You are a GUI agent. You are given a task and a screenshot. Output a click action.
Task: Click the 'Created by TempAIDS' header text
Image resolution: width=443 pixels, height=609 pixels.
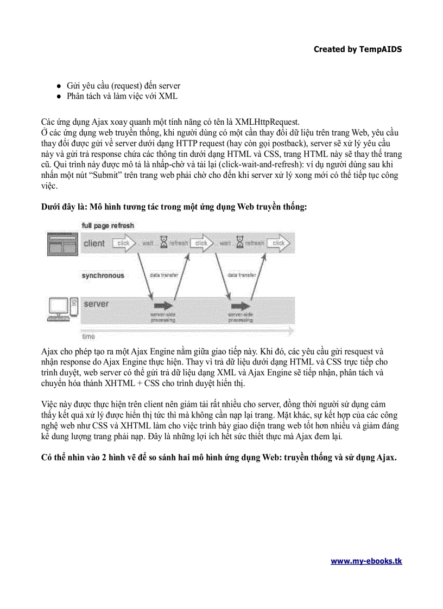[358, 49]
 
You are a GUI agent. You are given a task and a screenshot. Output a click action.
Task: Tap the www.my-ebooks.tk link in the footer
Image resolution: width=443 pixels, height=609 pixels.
[366, 561]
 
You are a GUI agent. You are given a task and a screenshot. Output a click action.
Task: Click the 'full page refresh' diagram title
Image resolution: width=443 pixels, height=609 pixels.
[108, 225]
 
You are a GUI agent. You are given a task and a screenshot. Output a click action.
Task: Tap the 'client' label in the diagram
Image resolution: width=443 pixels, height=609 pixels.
[94, 243]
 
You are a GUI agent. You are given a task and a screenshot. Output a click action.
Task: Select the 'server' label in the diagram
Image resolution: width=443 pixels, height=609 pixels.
[96, 304]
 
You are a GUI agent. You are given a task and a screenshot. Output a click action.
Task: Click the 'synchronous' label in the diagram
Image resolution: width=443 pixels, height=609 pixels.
[103, 275]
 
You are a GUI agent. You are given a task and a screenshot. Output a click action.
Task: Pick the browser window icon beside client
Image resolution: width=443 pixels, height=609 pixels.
[61, 243]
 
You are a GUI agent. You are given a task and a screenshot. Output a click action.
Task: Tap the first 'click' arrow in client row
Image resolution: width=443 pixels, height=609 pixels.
[124, 243]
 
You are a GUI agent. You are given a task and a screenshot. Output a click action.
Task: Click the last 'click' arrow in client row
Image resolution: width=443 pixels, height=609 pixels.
[279, 243]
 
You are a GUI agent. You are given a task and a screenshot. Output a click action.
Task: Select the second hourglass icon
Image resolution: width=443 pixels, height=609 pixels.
[240, 243]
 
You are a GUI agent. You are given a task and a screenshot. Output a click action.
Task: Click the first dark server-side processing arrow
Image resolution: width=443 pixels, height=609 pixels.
[162, 306]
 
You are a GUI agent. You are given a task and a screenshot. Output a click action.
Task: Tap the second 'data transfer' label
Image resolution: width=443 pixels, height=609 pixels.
[242, 275]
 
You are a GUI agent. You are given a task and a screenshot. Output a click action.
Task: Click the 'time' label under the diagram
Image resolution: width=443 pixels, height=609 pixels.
[88, 337]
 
